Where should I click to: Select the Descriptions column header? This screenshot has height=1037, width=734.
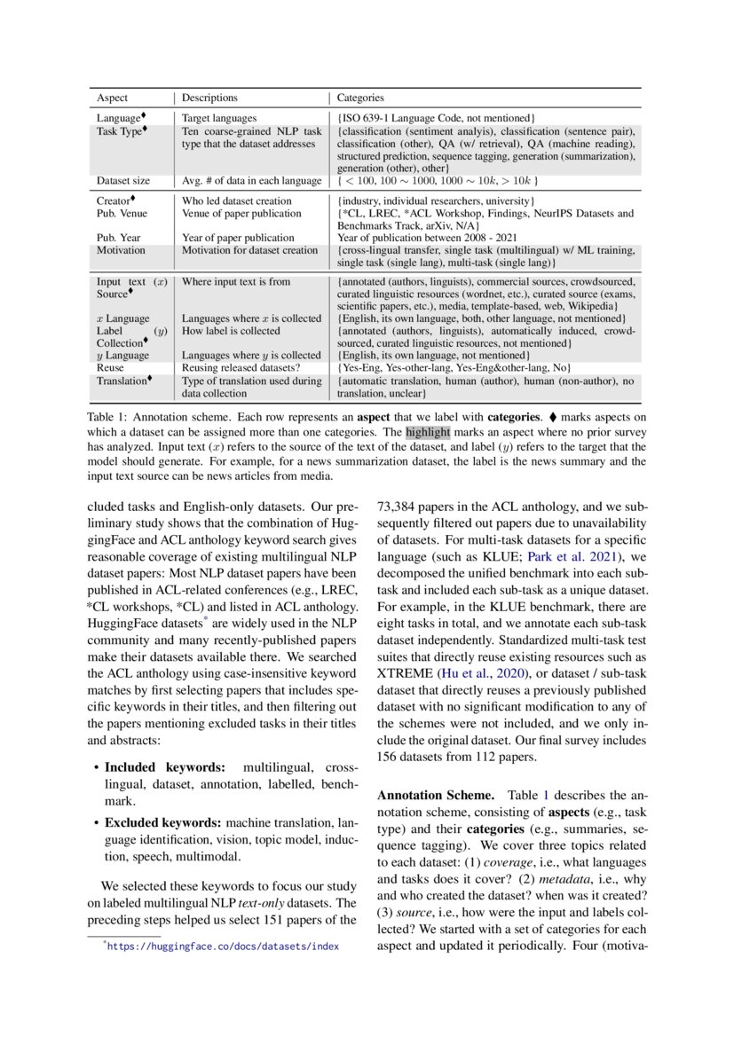pyautogui.click(x=210, y=98)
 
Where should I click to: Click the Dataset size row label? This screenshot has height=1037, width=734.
pyautogui.click(x=123, y=181)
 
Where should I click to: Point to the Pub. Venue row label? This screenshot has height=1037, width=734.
pyautogui.click(x=122, y=214)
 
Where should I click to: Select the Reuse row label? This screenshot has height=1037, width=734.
pyautogui.click(x=110, y=367)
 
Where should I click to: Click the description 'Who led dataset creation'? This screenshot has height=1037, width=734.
pyautogui.click(x=236, y=201)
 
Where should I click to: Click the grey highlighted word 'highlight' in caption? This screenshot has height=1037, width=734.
pyautogui.click(x=429, y=433)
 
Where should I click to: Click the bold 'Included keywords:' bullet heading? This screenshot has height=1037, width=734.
pyautogui.click(x=165, y=766)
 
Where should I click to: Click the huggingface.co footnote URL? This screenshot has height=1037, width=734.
pyautogui.click(x=223, y=947)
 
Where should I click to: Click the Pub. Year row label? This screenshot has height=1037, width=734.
pyautogui.click(x=119, y=238)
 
